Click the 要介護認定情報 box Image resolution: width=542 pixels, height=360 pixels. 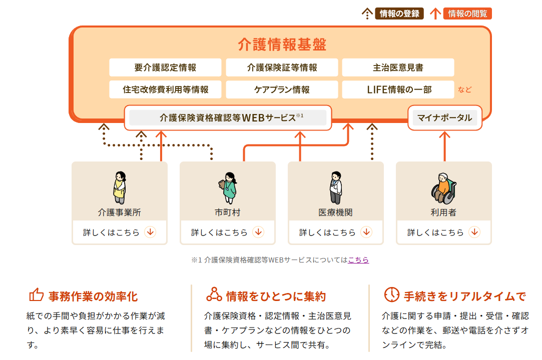click(x=165, y=67)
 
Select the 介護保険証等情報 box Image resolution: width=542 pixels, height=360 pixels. click(x=282, y=67)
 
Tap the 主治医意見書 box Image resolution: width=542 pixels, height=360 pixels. click(x=398, y=67)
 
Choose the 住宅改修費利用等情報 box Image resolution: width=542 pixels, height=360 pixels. click(x=165, y=90)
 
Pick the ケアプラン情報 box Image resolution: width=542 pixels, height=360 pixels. click(x=282, y=90)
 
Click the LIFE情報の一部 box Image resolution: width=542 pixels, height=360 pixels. click(x=398, y=90)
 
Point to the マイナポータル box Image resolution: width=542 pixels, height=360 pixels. click(x=444, y=118)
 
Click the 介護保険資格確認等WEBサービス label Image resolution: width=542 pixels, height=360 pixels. click(x=228, y=118)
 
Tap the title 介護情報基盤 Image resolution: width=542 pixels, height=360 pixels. click(x=282, y=44)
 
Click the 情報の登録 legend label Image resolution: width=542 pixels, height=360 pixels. click(x=399, y=13)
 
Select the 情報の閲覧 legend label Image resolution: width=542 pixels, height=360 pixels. click(x=467, y=13)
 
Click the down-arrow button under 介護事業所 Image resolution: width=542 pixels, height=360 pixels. click(x=150, y=232)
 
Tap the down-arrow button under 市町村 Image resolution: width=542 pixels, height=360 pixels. click(x=258, y=232)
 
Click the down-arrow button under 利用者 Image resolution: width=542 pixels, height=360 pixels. click(x=474, y=232)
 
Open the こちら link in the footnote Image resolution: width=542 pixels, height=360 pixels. click(x=358, y=260)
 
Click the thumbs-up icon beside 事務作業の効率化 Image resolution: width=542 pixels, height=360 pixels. click(x=36, y=295)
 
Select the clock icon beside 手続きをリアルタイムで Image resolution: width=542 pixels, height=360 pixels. click(x=391, y=294)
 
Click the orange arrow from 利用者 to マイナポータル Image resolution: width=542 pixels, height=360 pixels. click(x=444, y=145)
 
